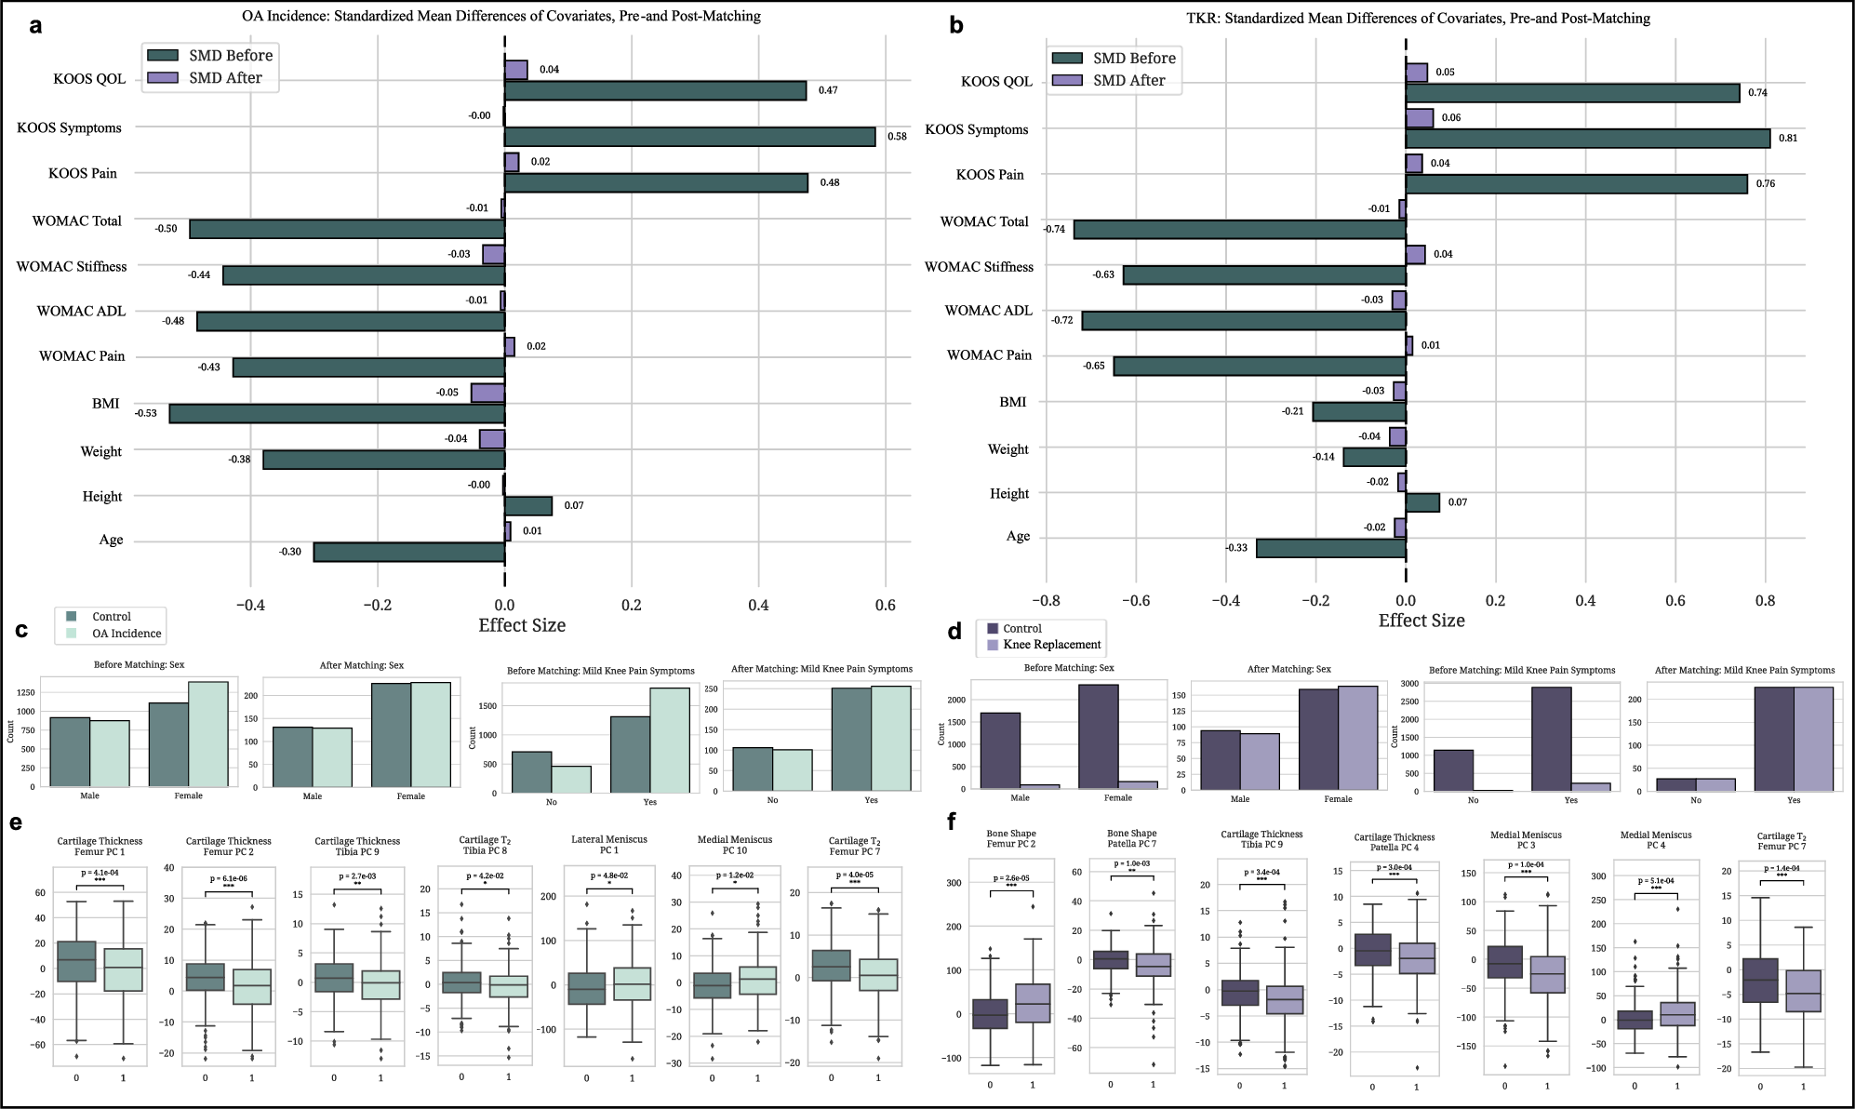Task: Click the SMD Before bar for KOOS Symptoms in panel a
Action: pyautogui.click(x=689, y=137)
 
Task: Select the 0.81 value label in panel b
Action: pyautogui.click(x=1788, y=138)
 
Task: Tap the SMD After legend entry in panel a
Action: pyautogui.click(x=224, y=78)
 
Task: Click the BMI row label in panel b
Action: pyautogui.click(x=1012, y=402)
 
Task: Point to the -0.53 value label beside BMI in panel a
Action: pyautogui.click(x=146, y=412)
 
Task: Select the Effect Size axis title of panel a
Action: pyautogui.click(x=521, y=625)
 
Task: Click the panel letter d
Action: pyautogui.click(x=954, y=633)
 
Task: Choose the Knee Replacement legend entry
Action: pyautogui.click(x=1051, y=645)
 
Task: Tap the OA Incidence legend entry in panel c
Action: pyautogui.click(x=126, y=634)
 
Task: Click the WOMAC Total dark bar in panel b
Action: pyautogui.click(x=1239, y=230)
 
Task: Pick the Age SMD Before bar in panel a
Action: pyautogui.click(x=408, y=552)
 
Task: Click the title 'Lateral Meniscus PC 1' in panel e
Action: pyautogui.click(x=608, y=845)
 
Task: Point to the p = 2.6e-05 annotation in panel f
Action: pyautogui.click(x=1010, y=878)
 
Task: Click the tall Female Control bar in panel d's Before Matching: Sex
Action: pyautogui.click(x=1099, y=737)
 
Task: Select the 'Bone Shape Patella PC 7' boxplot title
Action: pyautogui.click(x=1132, y=839)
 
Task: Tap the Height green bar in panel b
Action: pyautogui.click(x=1422, y=502)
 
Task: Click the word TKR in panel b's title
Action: pyautogui.click(x=1201, y=18)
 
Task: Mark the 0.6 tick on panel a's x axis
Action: pyautogui.click(x=885, y=605)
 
